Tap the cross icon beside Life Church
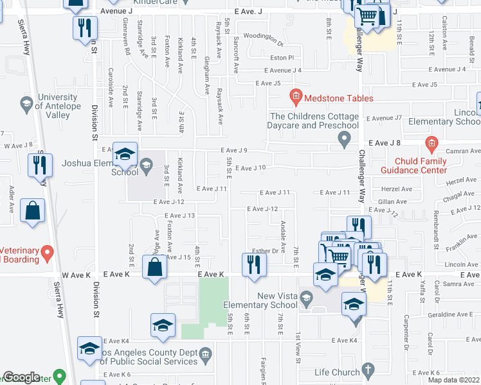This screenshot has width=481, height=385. (368, 370)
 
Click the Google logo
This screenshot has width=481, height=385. (21, 377)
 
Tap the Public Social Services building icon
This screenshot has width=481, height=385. (205, 353)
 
